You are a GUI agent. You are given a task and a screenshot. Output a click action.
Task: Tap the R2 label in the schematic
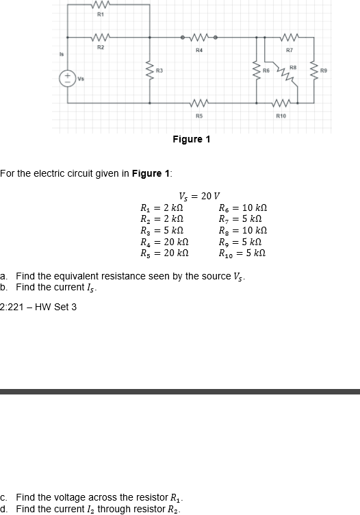tap(100, 47)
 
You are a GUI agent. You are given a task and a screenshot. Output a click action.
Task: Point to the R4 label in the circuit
tap(198, 50)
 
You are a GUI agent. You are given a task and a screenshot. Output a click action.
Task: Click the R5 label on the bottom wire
tap(198, 116)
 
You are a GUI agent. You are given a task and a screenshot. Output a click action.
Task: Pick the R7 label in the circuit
tap(290, 50)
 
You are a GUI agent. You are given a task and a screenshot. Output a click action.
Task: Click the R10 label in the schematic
tap(281, 116)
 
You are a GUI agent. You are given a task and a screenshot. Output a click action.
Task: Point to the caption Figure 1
tap(192, 139)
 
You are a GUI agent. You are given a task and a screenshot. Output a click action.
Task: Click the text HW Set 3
tap(57, 306)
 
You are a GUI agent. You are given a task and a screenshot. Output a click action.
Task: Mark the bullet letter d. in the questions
tap(5, 508)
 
